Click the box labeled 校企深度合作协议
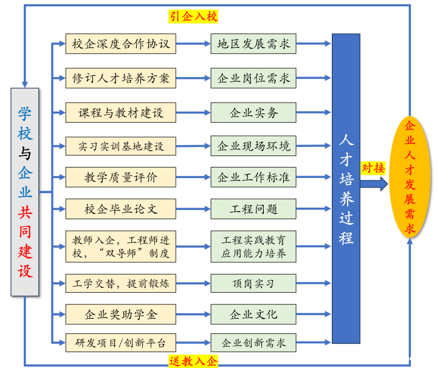click(x=120, y=44)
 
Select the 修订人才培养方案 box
click(x=120, y=78)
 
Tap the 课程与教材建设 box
click(x=120, y=112)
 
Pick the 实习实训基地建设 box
click(x=120, y=146)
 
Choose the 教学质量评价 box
click(x=120, y=177)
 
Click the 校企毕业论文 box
click(x=120, y=209)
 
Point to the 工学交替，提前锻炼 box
click(x=120, y=284)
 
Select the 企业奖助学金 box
click(x=120, y=315)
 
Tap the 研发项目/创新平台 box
click(x=120, y=342)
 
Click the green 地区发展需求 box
click(x=253, y=44)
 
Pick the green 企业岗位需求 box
click(x=253, y=78)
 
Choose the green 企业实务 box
click(x=253, y=112)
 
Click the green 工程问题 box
click(x=253, y=209)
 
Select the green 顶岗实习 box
click(x=253, y=284)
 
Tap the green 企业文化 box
click(x=253, y=315)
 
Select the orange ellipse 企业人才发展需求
click(x=410, y=177)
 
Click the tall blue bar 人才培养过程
click(x=346, y=188)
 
